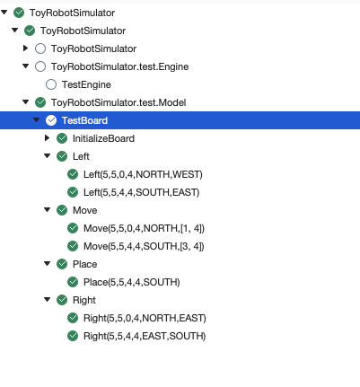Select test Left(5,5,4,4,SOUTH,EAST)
(x=141, y=192)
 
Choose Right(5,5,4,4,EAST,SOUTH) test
(x=144, y=336)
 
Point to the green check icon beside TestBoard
(x=51, y=120)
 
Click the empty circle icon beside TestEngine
(x=51, y=84)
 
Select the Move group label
(x=84, y=210)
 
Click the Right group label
(x=84, y=300)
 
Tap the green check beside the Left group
(x=62, y=156)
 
